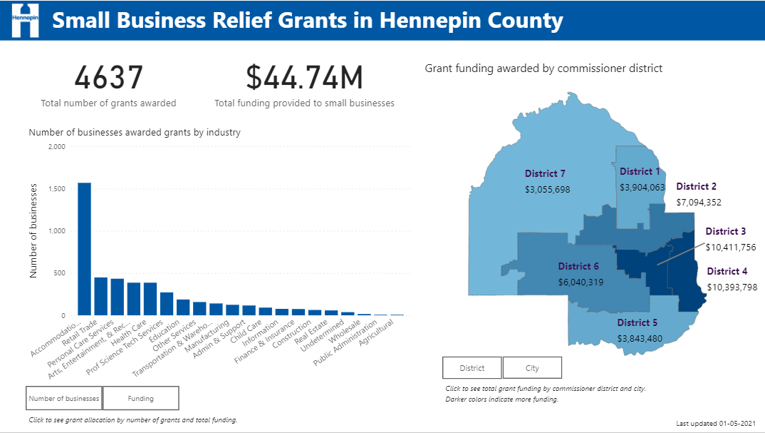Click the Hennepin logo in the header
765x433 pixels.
pos(24,20)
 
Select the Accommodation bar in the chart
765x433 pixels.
pos(84,249)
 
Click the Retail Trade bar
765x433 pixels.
pos(100,296)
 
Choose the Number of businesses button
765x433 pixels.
pos(64,398)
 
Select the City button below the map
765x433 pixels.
pos(532,368)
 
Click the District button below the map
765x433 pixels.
pos(472,368)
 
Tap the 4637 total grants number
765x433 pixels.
pos(108,78)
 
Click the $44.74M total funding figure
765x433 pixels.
pos(304,78)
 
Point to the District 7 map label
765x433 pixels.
pos(545,173)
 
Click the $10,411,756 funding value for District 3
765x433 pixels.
pos(730,247)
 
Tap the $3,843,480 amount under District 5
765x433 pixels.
pos(640,338)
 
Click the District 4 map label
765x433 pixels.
pos(727,271)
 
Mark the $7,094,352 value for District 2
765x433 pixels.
pos(698,202)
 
